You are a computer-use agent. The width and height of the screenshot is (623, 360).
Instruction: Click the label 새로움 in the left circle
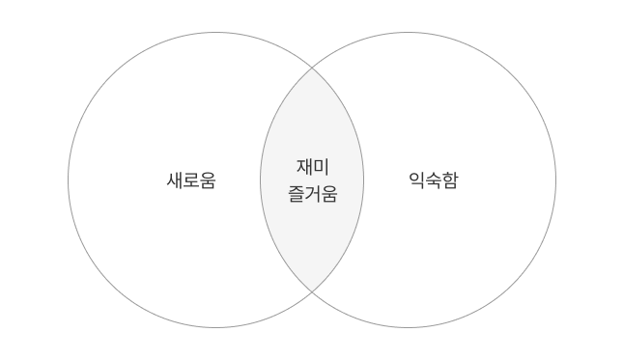tap(191, 180)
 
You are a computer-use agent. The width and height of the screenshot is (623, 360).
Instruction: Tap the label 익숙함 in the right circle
tap(434, 180)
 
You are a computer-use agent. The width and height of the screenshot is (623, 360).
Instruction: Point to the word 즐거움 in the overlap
tap(312, 193)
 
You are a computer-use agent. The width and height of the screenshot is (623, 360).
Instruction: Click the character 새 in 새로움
tap(175, 180)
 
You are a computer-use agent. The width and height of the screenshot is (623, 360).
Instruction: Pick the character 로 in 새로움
tap(191, 180)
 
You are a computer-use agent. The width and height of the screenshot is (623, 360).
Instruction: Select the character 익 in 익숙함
tap(417, 180)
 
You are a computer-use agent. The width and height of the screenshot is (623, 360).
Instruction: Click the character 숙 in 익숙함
tap(434, 180)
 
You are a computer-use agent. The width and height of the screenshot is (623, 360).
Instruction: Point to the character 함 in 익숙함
tap(450, 180)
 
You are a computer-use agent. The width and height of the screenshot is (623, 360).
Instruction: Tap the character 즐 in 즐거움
tap(296, 193)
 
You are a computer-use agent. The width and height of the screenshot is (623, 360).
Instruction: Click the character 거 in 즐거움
tap(312, 193)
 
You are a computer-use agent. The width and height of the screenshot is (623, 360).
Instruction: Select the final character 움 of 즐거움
tap(328, 193)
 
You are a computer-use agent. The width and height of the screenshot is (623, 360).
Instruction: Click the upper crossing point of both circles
tap(312, 69)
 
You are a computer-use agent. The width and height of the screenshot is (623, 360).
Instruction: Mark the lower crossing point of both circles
tap(312, 291)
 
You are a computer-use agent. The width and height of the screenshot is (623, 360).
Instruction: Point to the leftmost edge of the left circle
tap(68, 180)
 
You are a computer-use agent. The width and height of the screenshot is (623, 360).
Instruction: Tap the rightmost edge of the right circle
tap(556, 180)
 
